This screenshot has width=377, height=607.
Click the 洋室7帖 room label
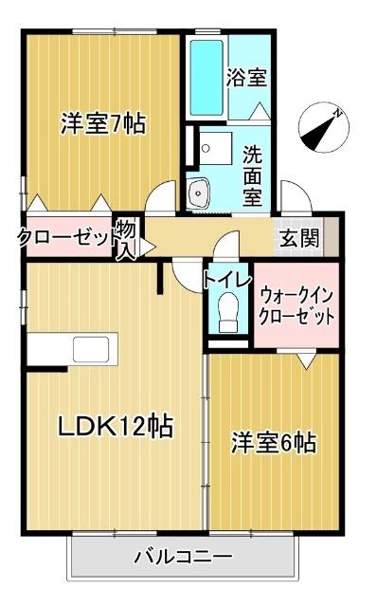pyautogui.click(x=103, y=123)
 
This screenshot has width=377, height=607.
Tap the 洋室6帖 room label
pyautogui.click(x=274, y=442)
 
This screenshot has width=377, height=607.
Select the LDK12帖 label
pyautogui.click(x=117, y=427)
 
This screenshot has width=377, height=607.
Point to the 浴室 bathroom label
pyautogui.click(x=246, y=78)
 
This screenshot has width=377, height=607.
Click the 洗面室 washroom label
pyautogui.click(x=252, y=173)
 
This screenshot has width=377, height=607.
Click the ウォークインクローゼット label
pyautogui.click(x=296, y=303)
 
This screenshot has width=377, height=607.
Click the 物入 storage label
pyautogui.click(x=126, y=238)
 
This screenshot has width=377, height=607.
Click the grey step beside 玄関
pyautogui.click(x=331, y=237)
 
